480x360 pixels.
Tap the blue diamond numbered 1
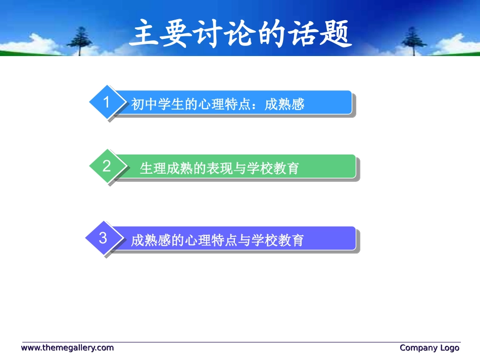click(107, 102)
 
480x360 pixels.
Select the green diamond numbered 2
click(107, 166)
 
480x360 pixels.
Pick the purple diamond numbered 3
click(104, 238)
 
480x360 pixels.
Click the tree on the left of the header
click(80, 41)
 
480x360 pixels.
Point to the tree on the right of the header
click(414, 41)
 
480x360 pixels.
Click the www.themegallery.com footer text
click(67, 348)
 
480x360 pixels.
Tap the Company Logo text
click(429, 348)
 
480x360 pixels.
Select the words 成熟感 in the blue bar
click(284, 105)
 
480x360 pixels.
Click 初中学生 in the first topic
click(158, 105)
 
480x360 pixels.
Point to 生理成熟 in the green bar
click(167, 168)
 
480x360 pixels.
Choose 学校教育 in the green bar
click(273, 168)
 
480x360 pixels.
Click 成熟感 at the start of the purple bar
click(151, 240)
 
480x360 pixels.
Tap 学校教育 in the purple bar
click(277, 240)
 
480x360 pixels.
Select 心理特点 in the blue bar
click(224, 105)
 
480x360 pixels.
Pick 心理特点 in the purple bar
click(211, 240)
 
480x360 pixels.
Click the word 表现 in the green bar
click(220, 168)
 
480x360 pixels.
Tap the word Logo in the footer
click(450, 348)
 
